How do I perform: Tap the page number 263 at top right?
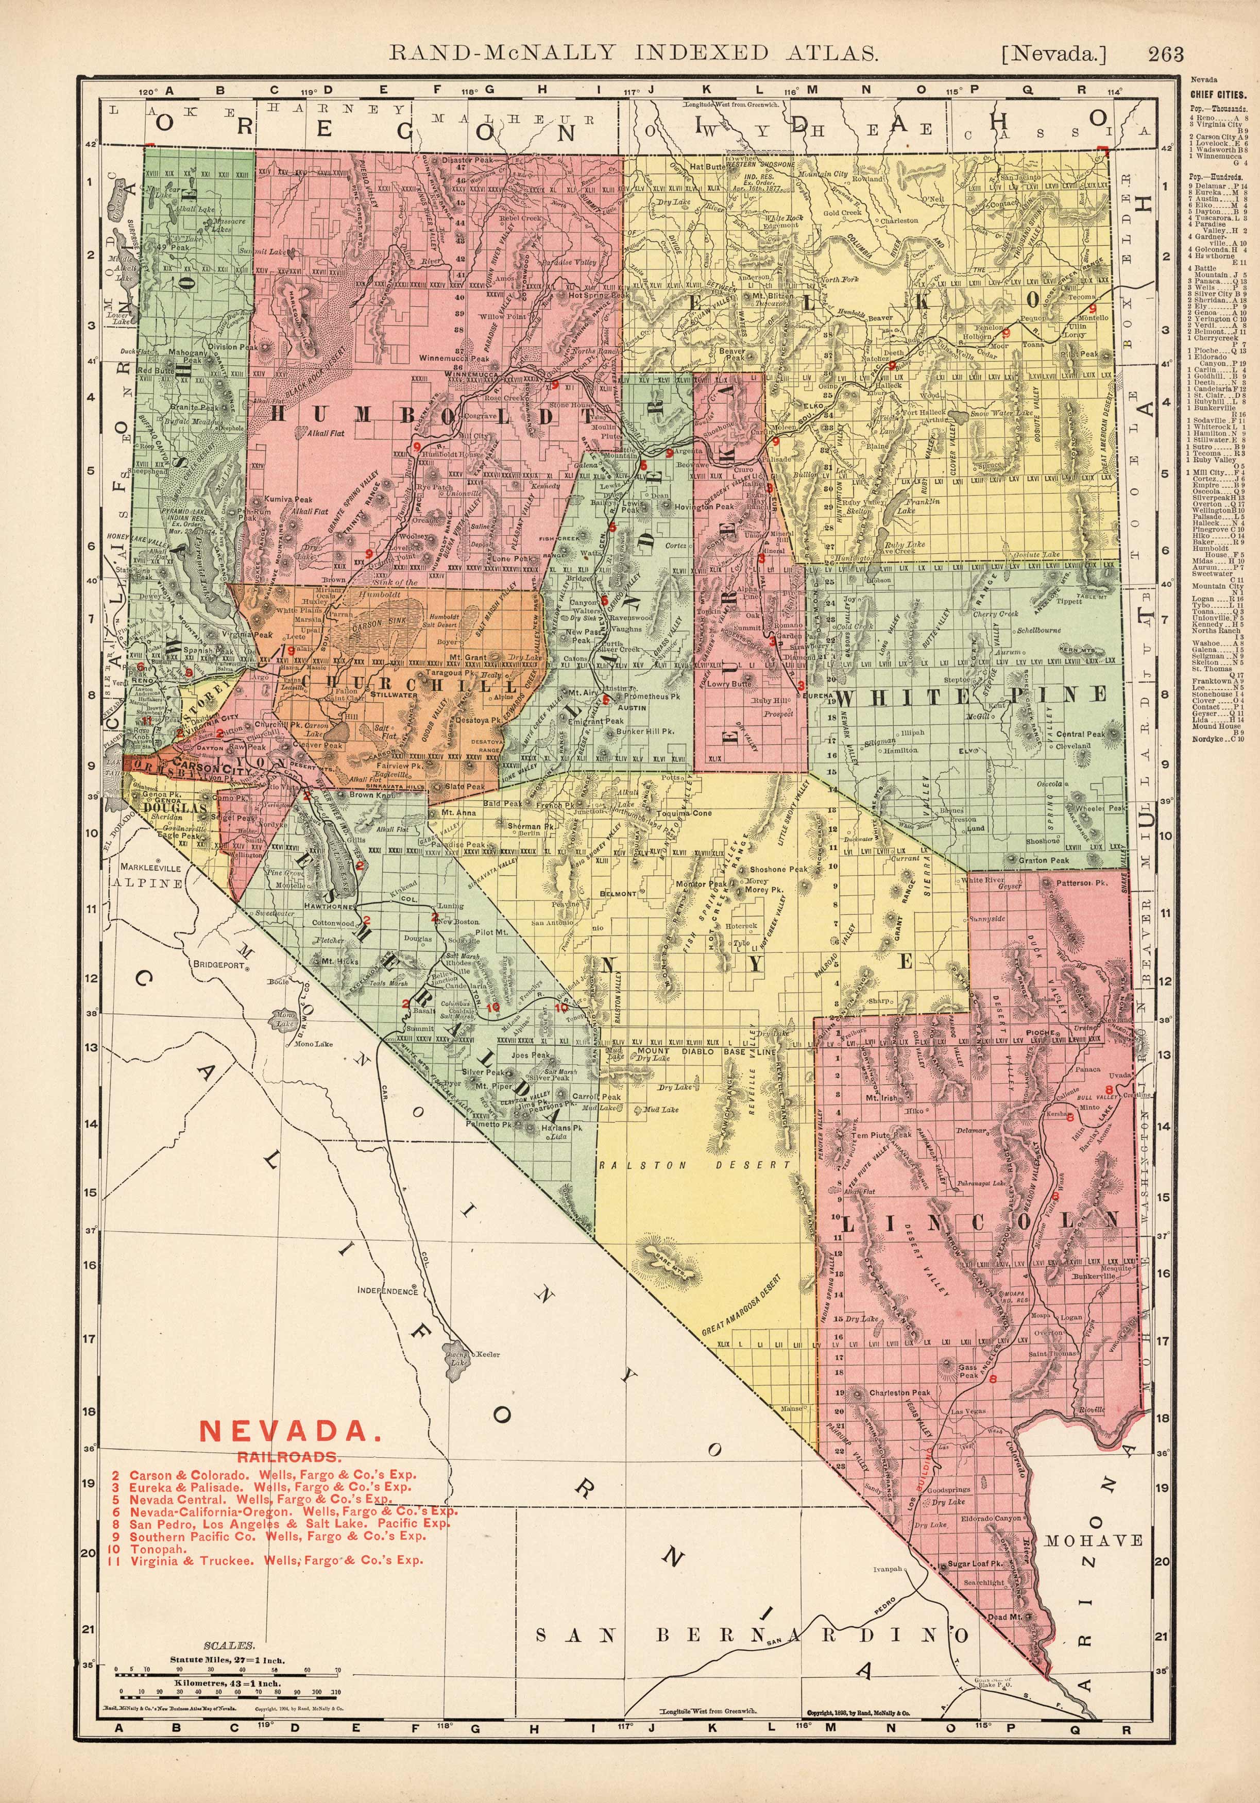[x=1165, y=54]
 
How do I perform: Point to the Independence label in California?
[x=387, y=1290]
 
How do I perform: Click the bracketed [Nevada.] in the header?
[x=1053, y=54]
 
